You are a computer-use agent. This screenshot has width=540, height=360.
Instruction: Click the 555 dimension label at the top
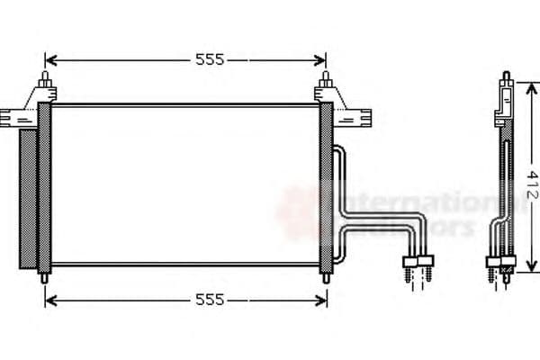click(x=210, y=60)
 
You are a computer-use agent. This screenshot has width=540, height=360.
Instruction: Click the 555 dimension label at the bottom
click(x=210, y=300)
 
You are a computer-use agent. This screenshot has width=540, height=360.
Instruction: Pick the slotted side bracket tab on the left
click(x=13, y=117)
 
